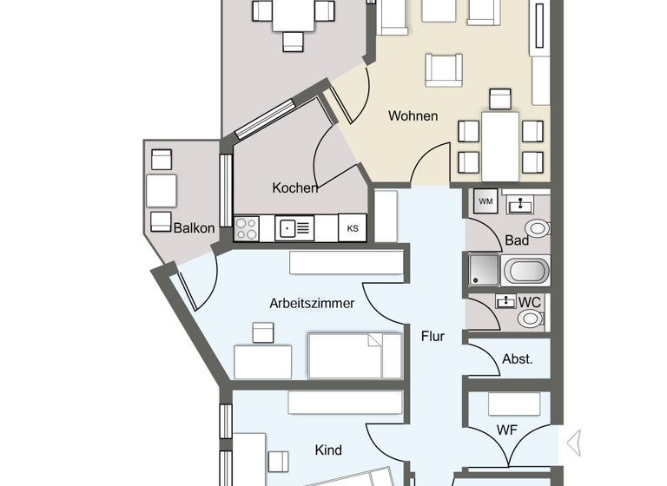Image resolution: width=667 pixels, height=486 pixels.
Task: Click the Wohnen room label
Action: (x=413, y=116)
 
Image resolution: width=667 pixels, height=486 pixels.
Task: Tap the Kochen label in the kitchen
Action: (x=294, y=187)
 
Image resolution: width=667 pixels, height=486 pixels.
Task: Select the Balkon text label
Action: (x=194, y=228)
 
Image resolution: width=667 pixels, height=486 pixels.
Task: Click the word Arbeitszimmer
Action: (x=312, y=304)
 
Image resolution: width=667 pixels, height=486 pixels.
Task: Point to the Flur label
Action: (x=433, y=336)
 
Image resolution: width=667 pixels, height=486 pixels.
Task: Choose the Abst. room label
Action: (x=518, y=358)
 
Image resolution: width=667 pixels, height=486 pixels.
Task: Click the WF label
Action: (x=506, y=430)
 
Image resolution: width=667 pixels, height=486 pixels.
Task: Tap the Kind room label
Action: (x=328, y=450)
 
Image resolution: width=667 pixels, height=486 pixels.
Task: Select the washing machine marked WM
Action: (x=485, y=202)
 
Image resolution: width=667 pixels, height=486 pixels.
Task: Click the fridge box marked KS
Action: (x=353, y=228)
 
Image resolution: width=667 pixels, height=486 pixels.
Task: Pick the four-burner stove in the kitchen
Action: (x=247, y=228)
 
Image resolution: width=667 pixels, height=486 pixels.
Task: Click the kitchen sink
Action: (x=294, y=228)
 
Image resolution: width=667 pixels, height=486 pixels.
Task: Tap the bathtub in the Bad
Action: (x=526, y=270)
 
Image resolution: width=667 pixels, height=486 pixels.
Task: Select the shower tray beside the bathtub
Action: (x=484, y=270)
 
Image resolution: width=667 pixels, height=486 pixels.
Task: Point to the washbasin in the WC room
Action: (x=505, y=301)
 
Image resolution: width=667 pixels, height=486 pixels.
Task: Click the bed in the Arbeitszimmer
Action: (x=355, y=356)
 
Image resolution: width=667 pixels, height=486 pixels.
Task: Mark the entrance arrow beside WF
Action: (x=573, y=443)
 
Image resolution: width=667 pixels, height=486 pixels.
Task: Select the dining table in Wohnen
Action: (x=500, y=146)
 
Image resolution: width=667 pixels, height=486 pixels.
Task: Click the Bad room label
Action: (x=517, y=240)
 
